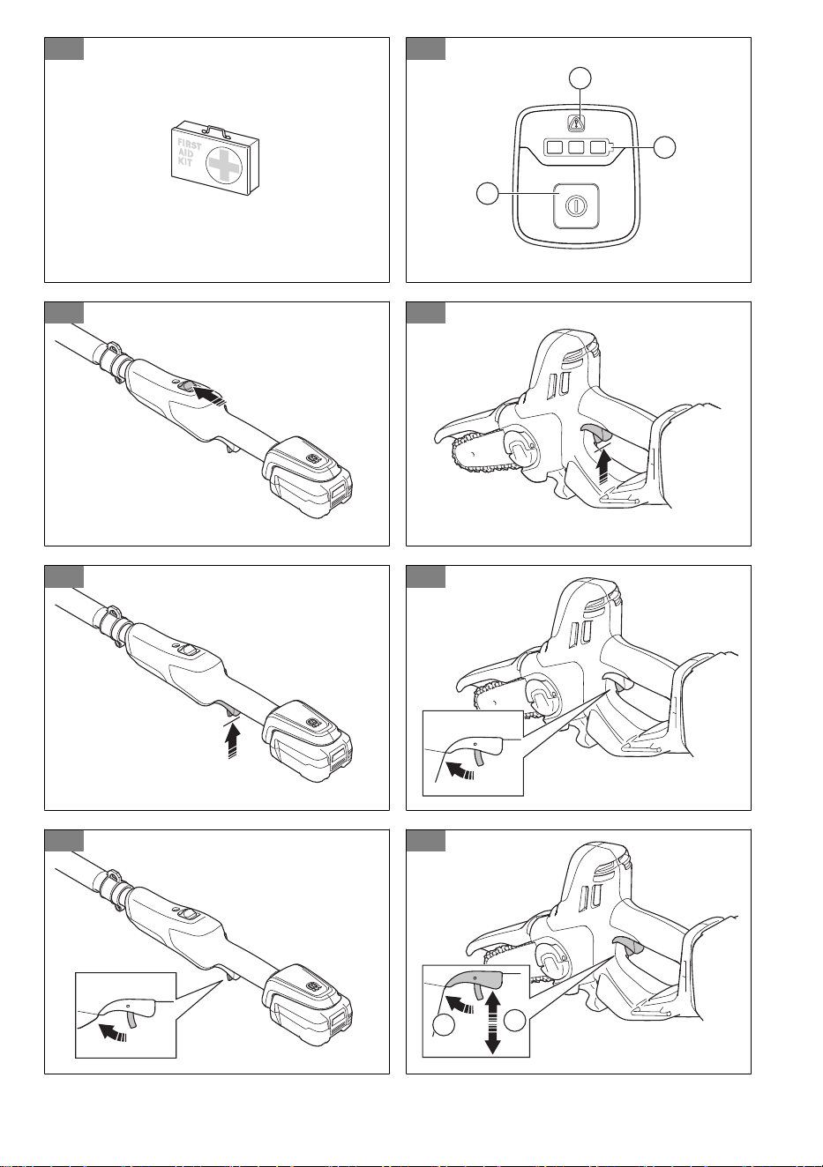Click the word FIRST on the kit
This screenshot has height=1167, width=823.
pos(189,145)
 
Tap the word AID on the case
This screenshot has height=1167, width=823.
pos(185,153)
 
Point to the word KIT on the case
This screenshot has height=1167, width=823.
pos(185,162)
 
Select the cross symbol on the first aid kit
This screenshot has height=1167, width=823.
pos(224,164)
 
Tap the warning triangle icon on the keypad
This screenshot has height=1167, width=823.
pos(575,123)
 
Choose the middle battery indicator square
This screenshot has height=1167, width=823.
pos(576,148)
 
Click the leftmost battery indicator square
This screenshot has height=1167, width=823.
pos(555,148)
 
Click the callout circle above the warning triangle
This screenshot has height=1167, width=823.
pos(580,78)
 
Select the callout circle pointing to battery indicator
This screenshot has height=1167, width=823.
pos(664,147)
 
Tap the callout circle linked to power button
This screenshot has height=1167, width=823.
pos(488,193)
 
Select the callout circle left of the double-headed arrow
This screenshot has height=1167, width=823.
pos(444,1025)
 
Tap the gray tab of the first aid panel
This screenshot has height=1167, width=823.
pos(64,48)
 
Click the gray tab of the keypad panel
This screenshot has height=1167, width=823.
pos(425,48)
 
